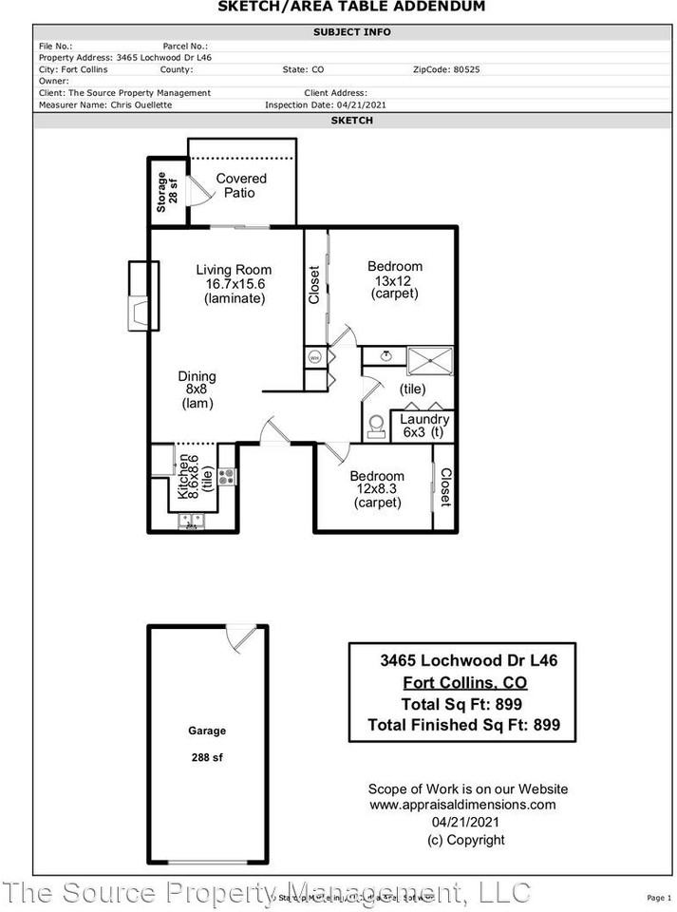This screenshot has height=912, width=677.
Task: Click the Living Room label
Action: coord(234,270)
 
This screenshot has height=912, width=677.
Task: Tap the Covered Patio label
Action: coord(240,185)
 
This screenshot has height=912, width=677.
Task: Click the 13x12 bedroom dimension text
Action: coord(394,280)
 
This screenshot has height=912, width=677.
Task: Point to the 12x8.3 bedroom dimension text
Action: coord(376,490)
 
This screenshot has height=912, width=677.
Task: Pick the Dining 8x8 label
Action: coord(197,389)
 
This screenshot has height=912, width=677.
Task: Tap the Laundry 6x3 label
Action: coord(423,426)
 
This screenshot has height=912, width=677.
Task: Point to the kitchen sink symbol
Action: coord(191,522)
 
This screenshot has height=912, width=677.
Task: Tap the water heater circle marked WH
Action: coord(313,358)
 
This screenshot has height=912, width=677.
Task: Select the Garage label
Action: coord(206,731)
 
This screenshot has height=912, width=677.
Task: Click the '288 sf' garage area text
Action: coord(206,758)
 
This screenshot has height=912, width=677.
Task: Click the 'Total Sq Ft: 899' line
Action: coord(462,705)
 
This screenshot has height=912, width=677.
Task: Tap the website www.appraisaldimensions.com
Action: coord(462,805)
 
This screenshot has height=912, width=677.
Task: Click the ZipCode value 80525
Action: coord(467,69)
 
